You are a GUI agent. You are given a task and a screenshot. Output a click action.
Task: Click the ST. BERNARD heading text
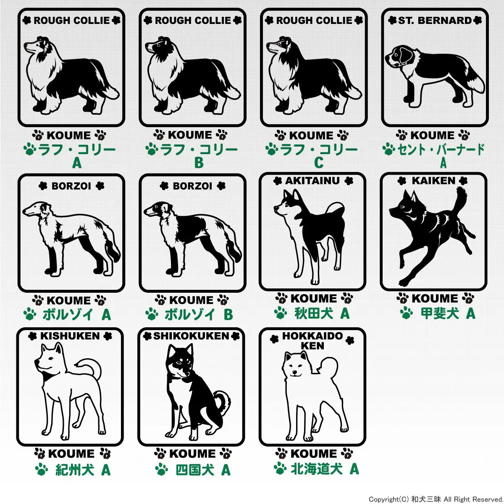pyautogui.click(x=435, y=21)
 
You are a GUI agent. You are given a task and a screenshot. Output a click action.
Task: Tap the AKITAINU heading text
pyautogui.click(x=312, y=181)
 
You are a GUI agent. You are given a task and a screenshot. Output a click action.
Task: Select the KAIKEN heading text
pyautogui.click(x=433, y=181)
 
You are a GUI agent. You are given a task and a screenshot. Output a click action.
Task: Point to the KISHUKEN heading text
pyautogui.click(x=70, y=336)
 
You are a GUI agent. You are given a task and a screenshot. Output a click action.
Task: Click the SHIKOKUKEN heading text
pyautogui.click(x=191, y=336)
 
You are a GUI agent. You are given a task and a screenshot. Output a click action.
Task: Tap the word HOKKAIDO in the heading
pyautogui.click(x=312, y=336)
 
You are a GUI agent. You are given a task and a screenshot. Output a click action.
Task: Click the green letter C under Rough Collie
pyautogui.click(x=318, y=163)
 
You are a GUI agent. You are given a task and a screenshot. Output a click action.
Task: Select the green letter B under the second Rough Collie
pyautogui.click(x=199, y=163)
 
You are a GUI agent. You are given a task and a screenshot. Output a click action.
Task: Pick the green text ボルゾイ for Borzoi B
pyautogui.click(x=190, y=315)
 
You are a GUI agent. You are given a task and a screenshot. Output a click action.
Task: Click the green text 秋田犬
pyautogui.click(x=314, y=313)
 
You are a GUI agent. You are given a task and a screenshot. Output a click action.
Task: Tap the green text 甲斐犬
pyautogui.click(x=440, y=313)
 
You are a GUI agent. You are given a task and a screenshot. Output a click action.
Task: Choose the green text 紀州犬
pyautogui.click(x=75, y=470)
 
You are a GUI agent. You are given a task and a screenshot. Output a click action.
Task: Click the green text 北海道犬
pyautogui.click(x=317, y=469)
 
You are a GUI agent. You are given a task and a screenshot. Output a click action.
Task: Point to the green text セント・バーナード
pyautogui.click(x=441, y=150)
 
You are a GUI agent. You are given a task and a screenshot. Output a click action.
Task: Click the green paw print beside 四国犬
pyautogui.click(x=161, y=470)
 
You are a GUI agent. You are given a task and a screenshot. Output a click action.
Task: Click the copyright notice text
pyautogui.click(x=436, y=499)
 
